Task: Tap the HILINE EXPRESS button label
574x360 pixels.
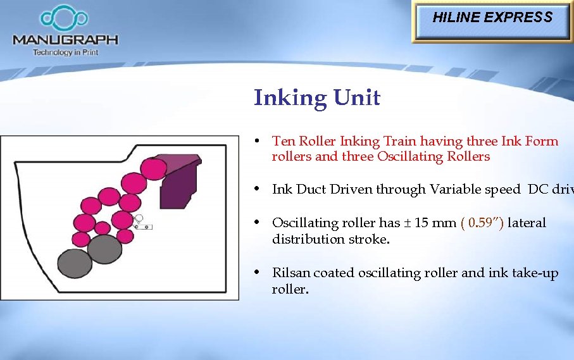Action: point(492,18)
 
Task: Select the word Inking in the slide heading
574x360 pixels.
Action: point(289,99)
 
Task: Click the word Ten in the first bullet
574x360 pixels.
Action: point(284,141)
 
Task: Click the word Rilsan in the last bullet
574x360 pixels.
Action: point(291,273)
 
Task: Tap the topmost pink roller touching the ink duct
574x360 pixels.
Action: point(154,168)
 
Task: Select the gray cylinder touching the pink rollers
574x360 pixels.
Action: point(104,249)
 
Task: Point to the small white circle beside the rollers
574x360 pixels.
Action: point(140,218)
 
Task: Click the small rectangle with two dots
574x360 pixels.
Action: point(142,226)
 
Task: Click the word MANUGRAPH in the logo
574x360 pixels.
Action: point(65,40)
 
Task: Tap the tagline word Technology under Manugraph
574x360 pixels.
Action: point(53,53)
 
